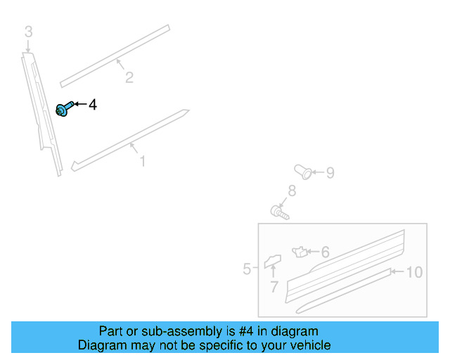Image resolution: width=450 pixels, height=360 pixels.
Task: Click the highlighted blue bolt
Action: [63, 109]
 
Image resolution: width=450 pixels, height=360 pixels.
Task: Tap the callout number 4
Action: [92, 105]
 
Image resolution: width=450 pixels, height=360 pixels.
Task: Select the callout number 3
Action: [28, 31]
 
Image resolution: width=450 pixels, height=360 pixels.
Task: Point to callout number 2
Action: [129, 77]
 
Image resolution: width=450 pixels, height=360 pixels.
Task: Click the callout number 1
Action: [142, 162]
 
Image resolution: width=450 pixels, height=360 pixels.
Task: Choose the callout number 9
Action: [329, 172]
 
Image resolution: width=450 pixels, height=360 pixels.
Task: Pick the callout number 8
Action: [291, 191]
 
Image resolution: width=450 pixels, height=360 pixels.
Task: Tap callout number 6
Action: [324, 252]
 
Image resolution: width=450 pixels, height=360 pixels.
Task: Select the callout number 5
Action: [247, 269]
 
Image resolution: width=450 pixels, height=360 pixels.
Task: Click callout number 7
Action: [274, 287]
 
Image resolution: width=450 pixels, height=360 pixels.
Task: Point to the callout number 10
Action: [414, 272]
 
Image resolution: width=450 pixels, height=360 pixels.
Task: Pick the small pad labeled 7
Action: [272, 262]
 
